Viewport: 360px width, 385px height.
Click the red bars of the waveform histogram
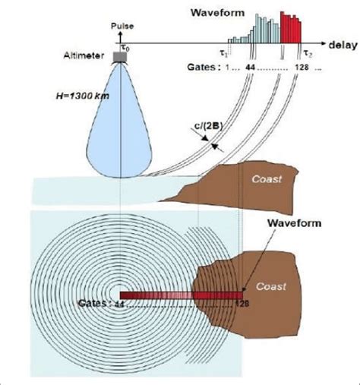[291, 27]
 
